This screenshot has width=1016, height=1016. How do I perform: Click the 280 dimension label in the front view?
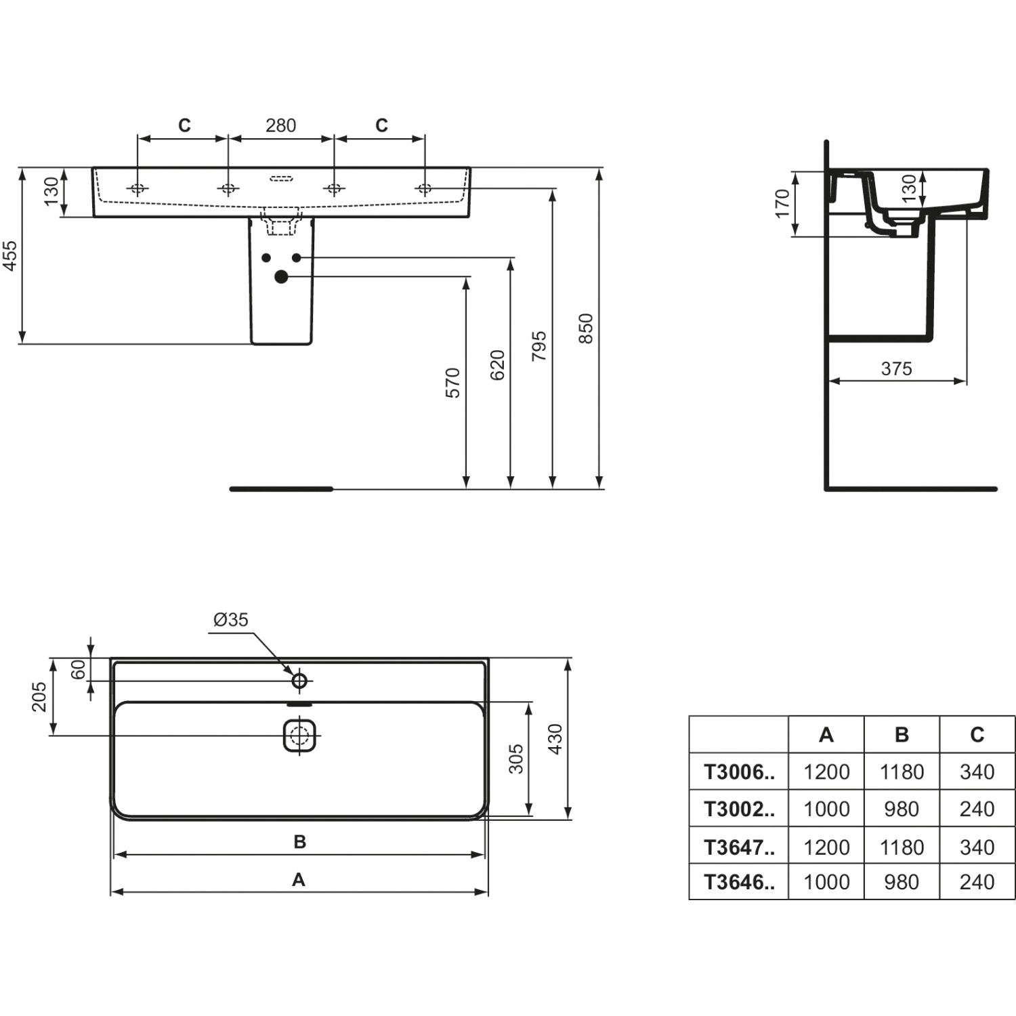tap(280, 126)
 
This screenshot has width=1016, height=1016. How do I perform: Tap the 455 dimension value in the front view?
tap(11, 255)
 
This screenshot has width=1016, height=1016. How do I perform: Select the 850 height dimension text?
tap(586, 329)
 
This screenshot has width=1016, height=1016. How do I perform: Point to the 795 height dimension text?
tap(539, 346)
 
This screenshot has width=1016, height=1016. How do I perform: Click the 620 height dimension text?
tap(498, 365)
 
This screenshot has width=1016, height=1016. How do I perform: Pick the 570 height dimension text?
tap(453, 383)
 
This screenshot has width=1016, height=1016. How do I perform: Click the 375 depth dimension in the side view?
tap(896, 368)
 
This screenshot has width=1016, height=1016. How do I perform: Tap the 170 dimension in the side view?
tap(782, 203)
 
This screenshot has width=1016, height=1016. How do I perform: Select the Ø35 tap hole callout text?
tap(231, 620)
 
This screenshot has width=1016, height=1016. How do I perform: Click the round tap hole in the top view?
tap(299, 680)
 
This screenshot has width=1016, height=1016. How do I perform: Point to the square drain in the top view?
tap(299, 735)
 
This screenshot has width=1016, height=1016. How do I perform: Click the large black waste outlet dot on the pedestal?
tap(281, 276)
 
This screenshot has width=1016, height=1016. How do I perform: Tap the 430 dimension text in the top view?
tap(555, 739)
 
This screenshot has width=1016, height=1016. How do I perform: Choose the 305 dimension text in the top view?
tap(516, 759)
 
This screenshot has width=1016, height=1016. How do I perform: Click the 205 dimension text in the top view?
tap(39, 696)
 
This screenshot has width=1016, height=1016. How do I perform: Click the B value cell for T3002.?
tap(902, 809)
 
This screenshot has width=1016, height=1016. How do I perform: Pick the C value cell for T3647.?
tap(977, 847)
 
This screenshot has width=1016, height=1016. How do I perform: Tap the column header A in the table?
tap(826, 735)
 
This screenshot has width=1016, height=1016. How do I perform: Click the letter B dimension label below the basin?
tap(299, 842)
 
